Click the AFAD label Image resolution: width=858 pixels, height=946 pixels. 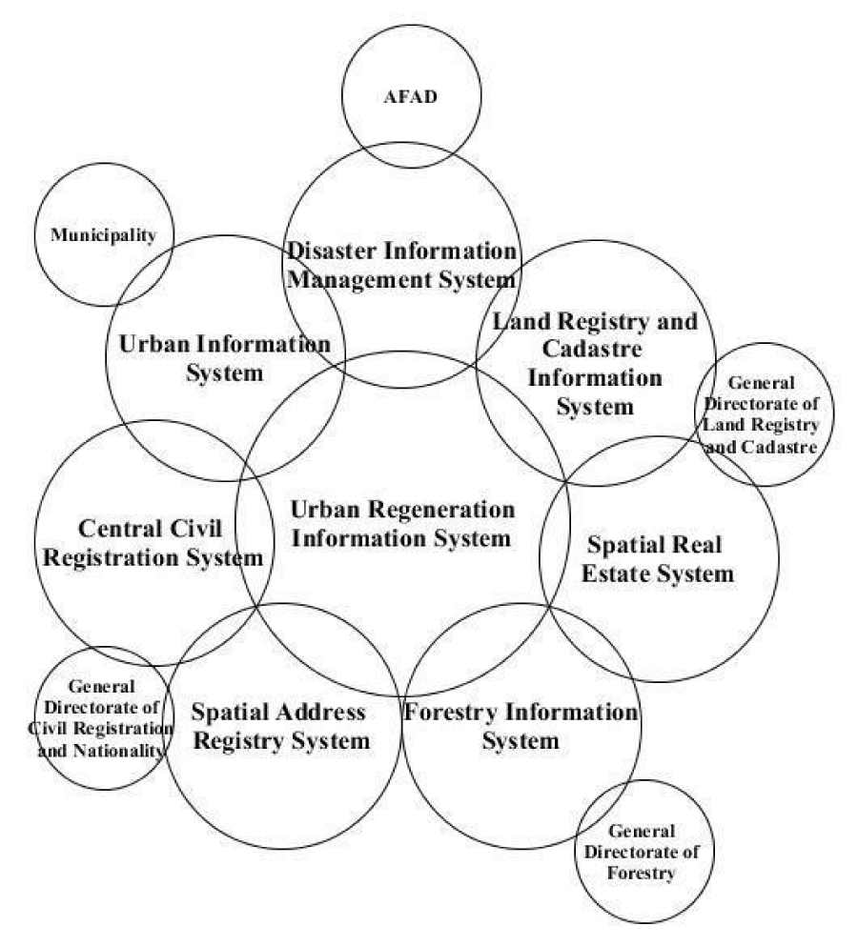coord(411,96)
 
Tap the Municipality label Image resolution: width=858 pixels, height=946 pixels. coord(103,234)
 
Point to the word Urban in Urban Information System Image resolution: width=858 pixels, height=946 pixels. coord(154,344)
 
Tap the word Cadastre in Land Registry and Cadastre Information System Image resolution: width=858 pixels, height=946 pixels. coord(592,349)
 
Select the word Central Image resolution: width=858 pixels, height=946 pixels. coord(117,529)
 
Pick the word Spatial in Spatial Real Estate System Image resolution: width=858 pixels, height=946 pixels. coord(623,545)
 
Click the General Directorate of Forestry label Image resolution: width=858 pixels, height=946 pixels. coord(642,852)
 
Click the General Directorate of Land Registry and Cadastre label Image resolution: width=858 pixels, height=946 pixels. coord(762,414)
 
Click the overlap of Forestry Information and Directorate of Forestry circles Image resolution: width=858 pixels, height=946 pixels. coord(610,812)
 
